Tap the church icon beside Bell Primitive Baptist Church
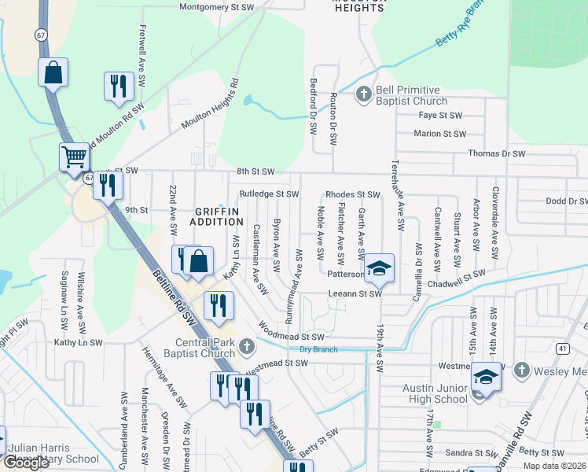[x=363, y=96]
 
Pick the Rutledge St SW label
[x=269, y=194]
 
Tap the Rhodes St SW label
[x=352, y=194]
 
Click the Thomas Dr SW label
[x=495, y=154]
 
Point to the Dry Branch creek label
[x=318, y=348]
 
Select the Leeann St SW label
[x=354, y=294]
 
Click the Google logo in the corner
[x=26, y=463]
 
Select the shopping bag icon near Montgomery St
[x=53, y=72]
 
